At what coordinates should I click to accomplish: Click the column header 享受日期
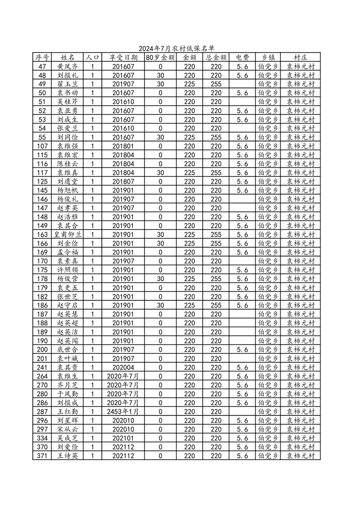(123, 58)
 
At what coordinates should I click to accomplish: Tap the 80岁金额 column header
(160, 58)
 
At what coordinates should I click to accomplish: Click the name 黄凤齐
(67, 66)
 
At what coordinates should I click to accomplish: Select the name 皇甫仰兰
(67, 235)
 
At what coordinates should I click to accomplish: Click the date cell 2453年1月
(123, 411)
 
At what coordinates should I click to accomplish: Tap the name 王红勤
(67, 411)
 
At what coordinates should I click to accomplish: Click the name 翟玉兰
(67, 84)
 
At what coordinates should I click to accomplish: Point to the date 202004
(123, 367)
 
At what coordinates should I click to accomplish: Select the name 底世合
(67, 350)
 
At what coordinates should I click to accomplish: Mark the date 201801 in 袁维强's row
(123, 146)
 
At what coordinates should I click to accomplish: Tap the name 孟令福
(67, 252)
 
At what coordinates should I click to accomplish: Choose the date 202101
(123, 438)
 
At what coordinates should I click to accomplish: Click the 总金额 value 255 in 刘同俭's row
(216, 137)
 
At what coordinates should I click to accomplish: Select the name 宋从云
(67, 429)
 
